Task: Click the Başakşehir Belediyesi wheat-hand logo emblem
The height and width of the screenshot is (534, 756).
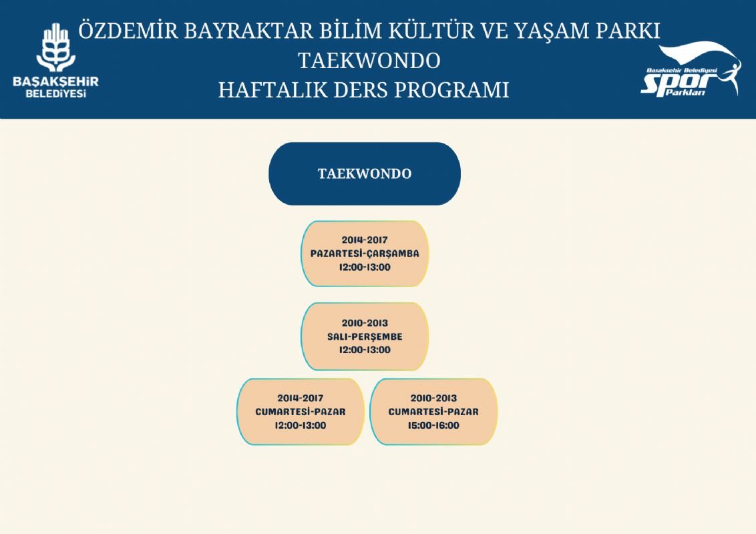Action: pyautogui.click(x=56, y=47)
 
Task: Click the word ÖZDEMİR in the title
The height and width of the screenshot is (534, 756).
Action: pyautogui.click(x=128, y=30)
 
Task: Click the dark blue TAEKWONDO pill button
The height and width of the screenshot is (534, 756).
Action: pyautogui.click(x=365, y=174)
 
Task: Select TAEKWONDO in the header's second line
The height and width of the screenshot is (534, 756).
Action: pyautogui.click(x=369, y=61)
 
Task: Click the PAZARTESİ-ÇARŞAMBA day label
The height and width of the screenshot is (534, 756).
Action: pyautogui.click(x=365, y=253)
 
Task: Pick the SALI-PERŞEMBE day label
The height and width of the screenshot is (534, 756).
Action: pyautogui.click(x=365, y=336)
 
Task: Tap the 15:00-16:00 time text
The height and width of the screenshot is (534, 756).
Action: pyautogui.click(x=433, y=426)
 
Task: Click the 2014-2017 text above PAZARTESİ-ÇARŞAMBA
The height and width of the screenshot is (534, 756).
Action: pyautogui.click(x=365, y=240)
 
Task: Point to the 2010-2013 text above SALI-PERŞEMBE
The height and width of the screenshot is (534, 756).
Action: pyautogui.click(x=365, y=323)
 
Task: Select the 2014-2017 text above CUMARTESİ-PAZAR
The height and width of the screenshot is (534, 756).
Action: pyautogui.click(x=301, y=398)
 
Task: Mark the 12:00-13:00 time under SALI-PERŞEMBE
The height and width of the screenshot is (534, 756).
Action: pyautogui.click(x=365, y=350)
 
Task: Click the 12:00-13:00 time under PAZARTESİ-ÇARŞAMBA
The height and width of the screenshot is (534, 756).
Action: pyautogui.click(x=365, y=267)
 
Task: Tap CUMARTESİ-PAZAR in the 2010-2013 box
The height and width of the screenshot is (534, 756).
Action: pyautogui.click(x=433, y=412)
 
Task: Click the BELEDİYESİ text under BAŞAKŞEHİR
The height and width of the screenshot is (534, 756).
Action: pyautogui.click(x=56, y=93)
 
